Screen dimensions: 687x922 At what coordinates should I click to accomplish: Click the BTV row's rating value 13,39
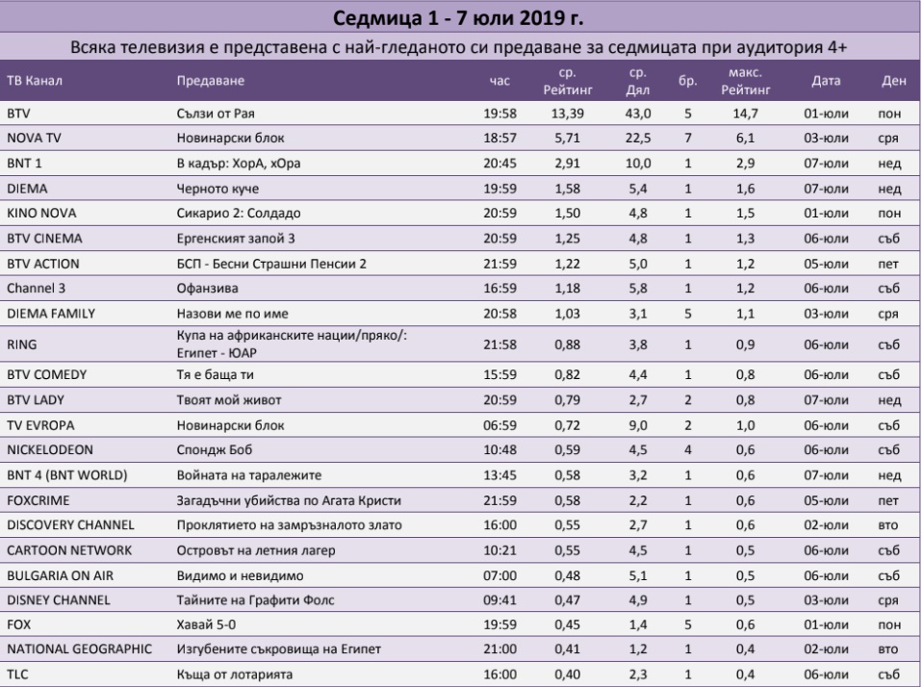pos(568,114)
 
